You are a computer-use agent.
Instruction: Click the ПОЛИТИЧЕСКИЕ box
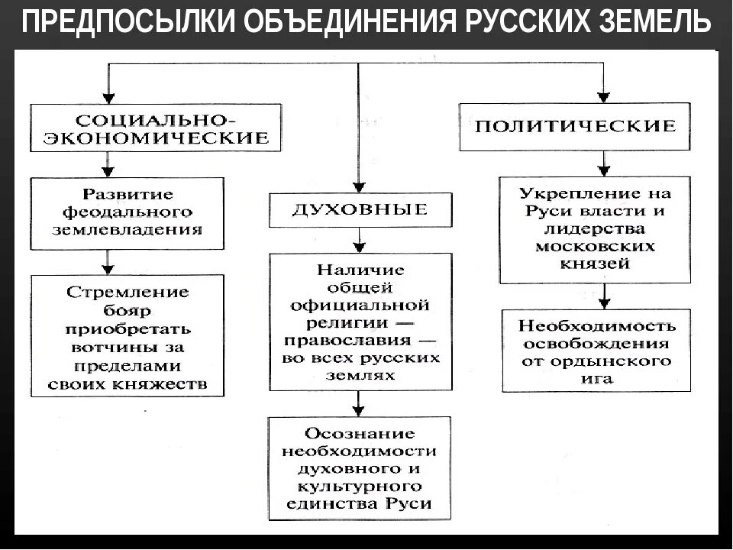(575, 127)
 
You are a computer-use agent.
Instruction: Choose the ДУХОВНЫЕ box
(359, 209)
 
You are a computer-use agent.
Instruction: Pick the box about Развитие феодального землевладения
(128, 212)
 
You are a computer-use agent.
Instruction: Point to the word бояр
(128, 311)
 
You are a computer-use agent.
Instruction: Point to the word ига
(596, 379)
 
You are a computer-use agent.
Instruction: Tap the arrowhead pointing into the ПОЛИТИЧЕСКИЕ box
(603, 96)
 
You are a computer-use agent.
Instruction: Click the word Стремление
(128, 293)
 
